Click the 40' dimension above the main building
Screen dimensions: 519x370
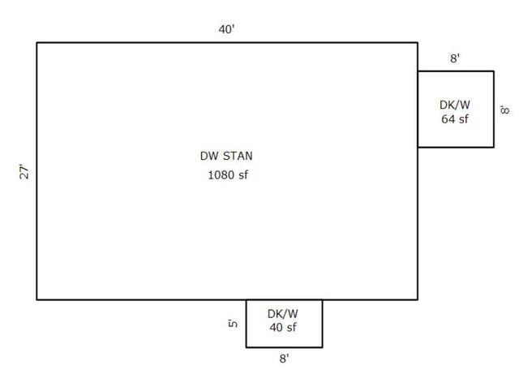[226, 29]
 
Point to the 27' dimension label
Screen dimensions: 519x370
[24, 171]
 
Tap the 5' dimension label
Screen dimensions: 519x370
[233, 323]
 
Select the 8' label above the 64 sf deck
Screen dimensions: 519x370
[455, 58]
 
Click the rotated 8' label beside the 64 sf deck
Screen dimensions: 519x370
[505, 110]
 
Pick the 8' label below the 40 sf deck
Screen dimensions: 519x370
[284, 358]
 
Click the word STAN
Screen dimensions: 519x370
[238, 156]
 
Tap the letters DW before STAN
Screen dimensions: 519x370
[210, 156]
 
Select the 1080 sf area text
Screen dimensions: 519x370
[228, 174]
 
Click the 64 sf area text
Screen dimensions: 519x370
[455, 119]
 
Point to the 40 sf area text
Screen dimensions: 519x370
[283, 327]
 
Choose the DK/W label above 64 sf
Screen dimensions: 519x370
[455, 105]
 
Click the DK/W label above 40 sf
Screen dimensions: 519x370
[283, 313]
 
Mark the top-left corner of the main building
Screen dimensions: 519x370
[36, 43]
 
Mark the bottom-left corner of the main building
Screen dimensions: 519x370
[36, 299]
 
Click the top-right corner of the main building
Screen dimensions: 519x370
[418, 43]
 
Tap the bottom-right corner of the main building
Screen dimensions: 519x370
[418, 299]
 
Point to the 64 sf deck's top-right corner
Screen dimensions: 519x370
[494, 71]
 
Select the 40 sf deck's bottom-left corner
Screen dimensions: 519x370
[247, 347]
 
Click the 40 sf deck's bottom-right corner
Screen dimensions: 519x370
[323, 347]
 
